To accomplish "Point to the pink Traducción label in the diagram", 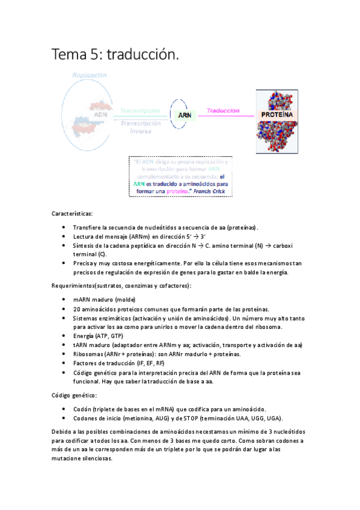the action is [222, 111].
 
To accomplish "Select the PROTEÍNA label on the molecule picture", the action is [276, 114].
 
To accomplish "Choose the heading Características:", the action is [72, 213].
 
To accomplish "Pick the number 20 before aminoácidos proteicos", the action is [76, 309].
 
